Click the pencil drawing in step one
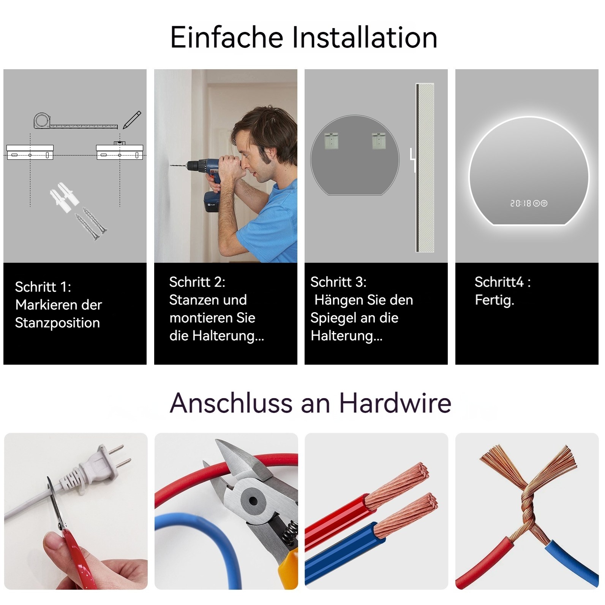click(x=132, y=120)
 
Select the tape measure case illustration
click(x=42, y=121)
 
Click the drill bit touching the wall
click(x=178, y=165)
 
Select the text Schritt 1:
click(x=43, y=287)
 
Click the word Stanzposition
click(x=57, y=323)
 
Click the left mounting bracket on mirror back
click(x=332, y=141)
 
